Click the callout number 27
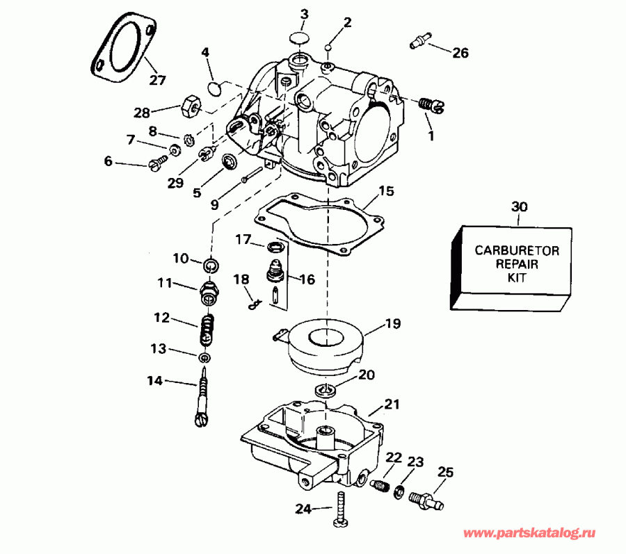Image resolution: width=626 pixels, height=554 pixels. (x=158, y=79)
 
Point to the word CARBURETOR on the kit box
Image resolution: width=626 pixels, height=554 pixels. (x=512, y=250)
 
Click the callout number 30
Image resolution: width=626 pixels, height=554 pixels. (x=519, y=206)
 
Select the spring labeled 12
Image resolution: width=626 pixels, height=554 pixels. (x=207, y=328)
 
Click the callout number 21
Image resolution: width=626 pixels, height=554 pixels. (x=393, y=404)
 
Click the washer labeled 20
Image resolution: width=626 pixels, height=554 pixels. (x=324, y=389)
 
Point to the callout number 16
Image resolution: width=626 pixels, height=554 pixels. (x=307, y=279)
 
